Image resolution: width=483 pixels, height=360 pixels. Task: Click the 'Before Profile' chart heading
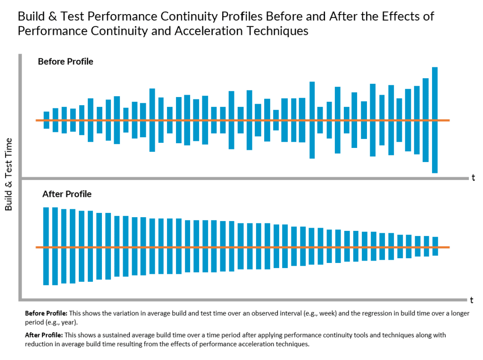[66, 62]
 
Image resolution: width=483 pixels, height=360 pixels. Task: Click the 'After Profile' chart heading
[67, 194]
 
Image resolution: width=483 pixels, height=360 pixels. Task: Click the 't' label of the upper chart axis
[473, 178]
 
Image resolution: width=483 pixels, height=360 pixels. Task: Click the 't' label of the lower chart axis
[471, 300]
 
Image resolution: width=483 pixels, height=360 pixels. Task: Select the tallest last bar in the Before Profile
[434, 120]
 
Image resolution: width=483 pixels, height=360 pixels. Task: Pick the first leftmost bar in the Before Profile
[46, 120]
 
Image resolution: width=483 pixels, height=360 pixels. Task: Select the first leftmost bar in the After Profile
[46, 246]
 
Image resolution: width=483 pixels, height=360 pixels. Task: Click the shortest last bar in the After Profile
[435, 246]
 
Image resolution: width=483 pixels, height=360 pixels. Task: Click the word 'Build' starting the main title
[31, 16]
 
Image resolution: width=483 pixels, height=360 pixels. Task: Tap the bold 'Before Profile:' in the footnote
[46, 313]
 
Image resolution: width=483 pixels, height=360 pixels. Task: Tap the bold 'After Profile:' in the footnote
[43, 335]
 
